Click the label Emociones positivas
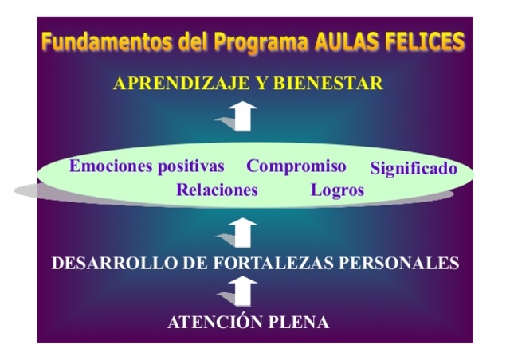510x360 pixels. (x=147, y=166)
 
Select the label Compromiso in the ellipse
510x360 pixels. (x=296, y=166)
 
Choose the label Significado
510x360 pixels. (x=414, y=169)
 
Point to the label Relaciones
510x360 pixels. (x=217, y=190)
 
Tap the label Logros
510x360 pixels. (x=337, y=190)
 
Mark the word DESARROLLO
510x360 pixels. (x=108, y=263)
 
